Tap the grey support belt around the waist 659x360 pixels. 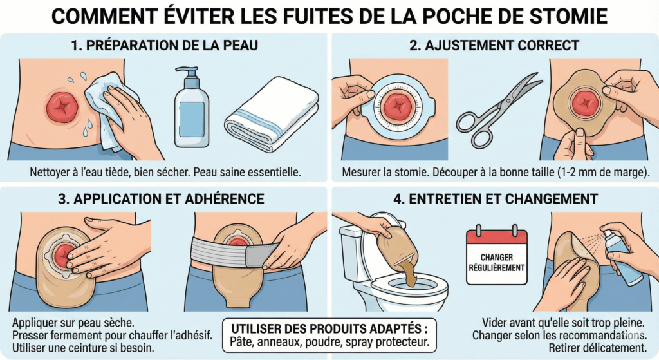point(232,252)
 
